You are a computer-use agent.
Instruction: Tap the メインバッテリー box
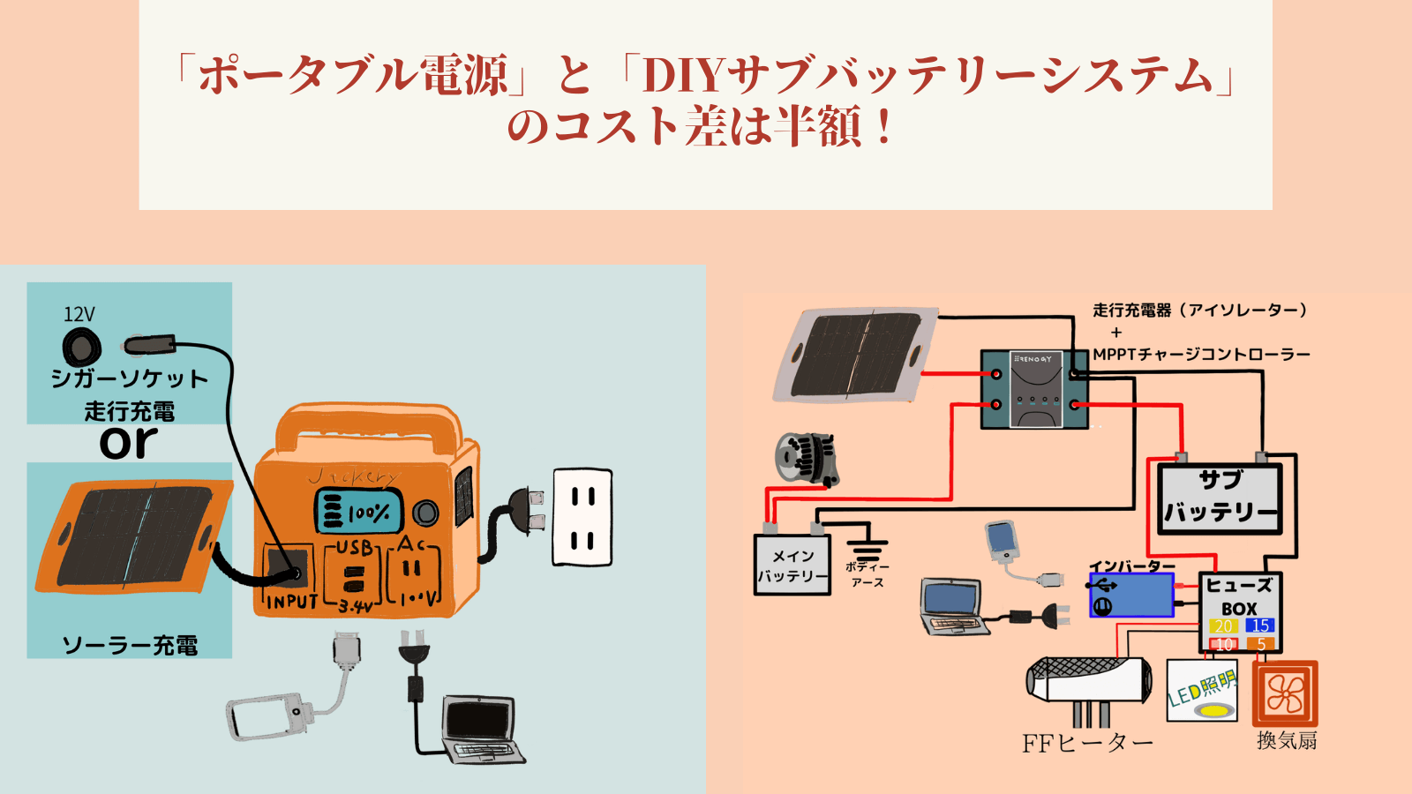point(792,565)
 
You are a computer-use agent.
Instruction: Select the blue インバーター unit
point(1131,595)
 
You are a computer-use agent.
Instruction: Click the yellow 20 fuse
point(1223,625)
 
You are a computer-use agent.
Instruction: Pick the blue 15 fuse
point(1259,625)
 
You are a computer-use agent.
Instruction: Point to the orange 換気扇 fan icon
point(1285,693)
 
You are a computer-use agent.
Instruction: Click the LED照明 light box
point(1202,691)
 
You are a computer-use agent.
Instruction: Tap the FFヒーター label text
point(1087,744)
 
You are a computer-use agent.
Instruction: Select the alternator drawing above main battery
point(806,460)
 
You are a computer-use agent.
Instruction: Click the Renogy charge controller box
point(1035,389)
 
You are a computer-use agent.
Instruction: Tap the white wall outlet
point(582,518)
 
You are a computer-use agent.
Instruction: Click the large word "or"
point(129,442)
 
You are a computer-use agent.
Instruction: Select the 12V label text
point(79,314)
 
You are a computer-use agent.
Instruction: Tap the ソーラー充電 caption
point(130,645)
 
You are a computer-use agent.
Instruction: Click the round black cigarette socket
point(81,347)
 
